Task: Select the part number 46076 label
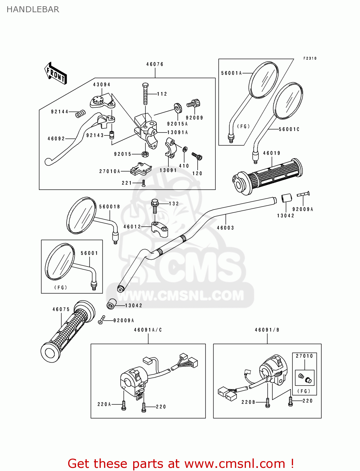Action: click(155, 64)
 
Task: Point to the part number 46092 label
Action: click(56, 138)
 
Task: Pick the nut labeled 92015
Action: click(145, 154)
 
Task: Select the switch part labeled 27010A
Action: click(140, 169)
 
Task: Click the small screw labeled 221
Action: click(144, 183)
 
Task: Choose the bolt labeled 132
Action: click(155, 206)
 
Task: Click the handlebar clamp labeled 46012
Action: click(159, 229)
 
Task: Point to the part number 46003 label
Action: click(225, 228)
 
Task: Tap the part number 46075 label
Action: click(61, 309)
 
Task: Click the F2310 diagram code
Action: click(310, 58)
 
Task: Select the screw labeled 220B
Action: click(267, 402)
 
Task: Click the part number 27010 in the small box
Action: click(304, 356)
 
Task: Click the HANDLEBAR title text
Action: click(33, 9)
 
